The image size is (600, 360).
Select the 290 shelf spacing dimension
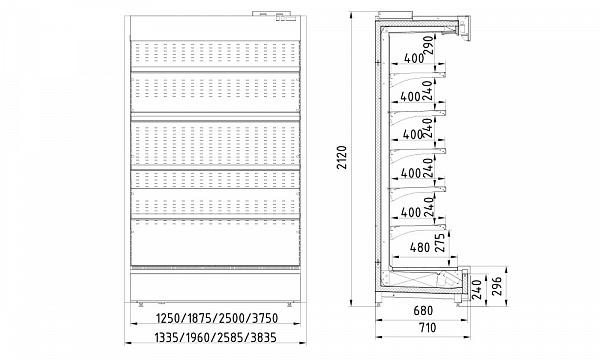[x=429, y=45]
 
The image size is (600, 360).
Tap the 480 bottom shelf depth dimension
[x=420, y=248]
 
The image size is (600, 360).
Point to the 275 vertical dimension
[x=440, y=243]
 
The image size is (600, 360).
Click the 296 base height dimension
[x=496, y=286]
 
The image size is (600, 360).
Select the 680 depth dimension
[x=423, y=310]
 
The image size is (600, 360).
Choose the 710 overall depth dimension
[x=426, y=328]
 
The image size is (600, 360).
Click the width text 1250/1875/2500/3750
[x=217, y=318]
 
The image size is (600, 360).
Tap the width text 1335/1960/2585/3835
[x=215, y=337]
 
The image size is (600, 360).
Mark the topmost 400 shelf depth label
[x=414, y=59]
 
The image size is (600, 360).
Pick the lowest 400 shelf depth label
[x=411, y=212]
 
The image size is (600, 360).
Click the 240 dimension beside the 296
[x=477, y=290]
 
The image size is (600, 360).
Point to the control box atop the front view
[x=274, y=14]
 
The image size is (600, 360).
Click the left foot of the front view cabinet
[x=140, y=303]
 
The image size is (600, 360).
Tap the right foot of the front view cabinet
[x=290, y=303]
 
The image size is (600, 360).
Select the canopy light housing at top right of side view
[x=464, y=28]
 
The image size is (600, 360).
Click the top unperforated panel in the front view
[x=215, y=28]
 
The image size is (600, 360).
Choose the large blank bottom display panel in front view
[x=215, y=243]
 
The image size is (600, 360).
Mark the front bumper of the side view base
[x=465, y=283]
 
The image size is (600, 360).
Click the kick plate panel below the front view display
[x=215, y=286]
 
